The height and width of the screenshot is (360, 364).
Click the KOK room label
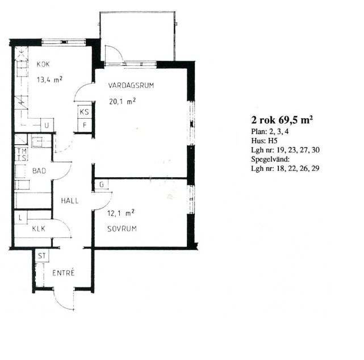pos(43,64)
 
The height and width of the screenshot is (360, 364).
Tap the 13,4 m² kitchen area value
pos(49,79)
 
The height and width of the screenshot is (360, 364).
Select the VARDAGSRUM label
pos(131,85)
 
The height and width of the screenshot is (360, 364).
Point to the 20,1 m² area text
pos(122,102)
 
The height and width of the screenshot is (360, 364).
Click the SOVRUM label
pos(122,229)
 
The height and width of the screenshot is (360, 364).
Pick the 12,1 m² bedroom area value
pos(121,213)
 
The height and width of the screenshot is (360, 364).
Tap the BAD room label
pos(39,171)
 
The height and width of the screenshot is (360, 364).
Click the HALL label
pos(70,201)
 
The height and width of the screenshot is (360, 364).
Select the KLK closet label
pos(39,229)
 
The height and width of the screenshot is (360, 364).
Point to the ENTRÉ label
pos(64,273)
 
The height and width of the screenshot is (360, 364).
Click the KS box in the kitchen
pos(84,112)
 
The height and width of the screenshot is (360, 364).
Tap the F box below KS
pos(84,125)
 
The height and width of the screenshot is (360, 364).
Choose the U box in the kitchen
pos(47,125)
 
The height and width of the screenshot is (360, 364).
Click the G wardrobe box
pos(102,185)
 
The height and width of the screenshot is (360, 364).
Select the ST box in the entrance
pos(42,256)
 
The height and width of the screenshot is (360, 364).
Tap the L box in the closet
pos(20,217)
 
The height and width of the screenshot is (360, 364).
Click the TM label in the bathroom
pos(22,151)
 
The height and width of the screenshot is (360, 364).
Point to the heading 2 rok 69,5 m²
pos(282,120)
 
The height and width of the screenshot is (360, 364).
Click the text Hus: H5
pos(264,141)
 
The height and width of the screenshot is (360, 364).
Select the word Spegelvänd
pos(270,160)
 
